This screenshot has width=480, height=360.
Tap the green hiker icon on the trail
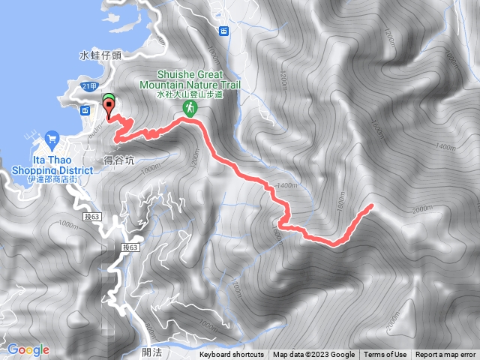190,109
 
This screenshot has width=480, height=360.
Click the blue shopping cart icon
51,138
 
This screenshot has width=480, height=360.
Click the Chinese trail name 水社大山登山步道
190,94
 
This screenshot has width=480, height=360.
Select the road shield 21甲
90,87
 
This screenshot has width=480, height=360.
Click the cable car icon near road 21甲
85,110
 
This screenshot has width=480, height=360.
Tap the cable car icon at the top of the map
223,30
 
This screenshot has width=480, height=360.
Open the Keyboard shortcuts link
232,355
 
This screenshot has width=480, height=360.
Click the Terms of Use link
385,355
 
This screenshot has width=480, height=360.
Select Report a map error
446,355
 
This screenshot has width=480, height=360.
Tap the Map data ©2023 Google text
313,355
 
